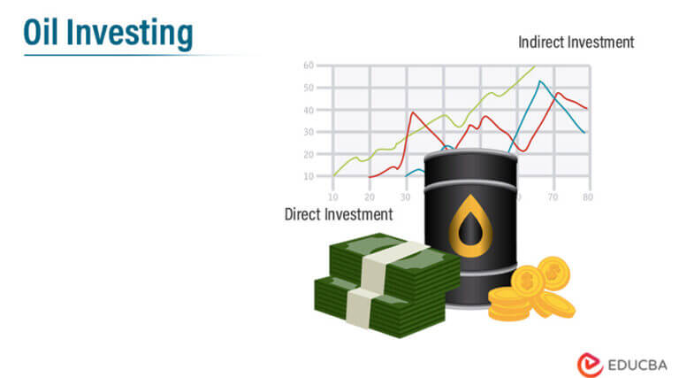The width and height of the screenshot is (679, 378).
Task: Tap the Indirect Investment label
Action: pyautogui.click(x=576, y=42)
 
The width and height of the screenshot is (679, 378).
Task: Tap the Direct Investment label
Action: pyautogui.click(x=338, y=214)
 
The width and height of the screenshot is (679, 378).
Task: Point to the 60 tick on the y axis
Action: pyautogui.click(x=309, y=65)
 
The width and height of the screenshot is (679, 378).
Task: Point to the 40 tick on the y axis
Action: pyautogui.click(x=309, y=110)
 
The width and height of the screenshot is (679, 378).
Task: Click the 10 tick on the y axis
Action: pyautogui.click(x=309, y=176)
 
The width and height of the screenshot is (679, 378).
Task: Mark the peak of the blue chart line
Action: pyautogui.click(x=539, y=81)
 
